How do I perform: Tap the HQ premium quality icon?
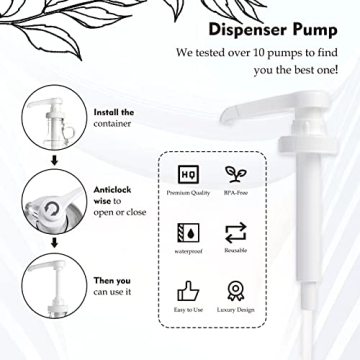186,173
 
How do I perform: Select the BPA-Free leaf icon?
237,173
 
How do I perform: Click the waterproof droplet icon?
186,233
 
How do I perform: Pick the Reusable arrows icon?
237,233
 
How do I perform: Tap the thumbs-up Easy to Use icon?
186,292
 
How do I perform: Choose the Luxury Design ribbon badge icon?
237,292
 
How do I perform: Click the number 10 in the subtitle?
259,53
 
